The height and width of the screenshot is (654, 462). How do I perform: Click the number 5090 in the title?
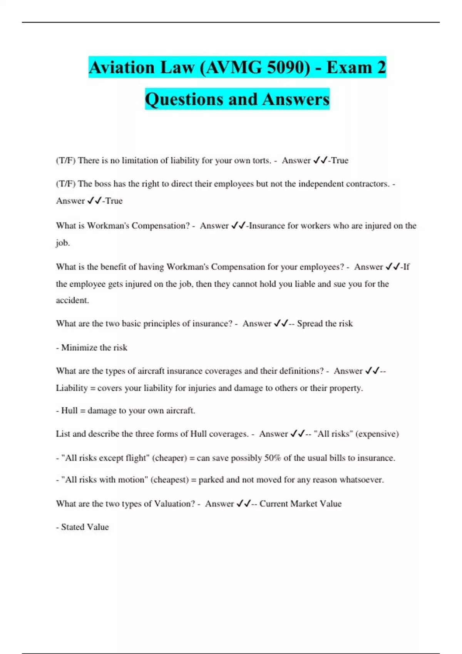(288, 68)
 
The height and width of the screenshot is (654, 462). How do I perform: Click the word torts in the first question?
(261, 160)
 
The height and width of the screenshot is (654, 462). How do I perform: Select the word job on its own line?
(62, 243)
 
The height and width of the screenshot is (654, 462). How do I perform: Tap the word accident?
(72, 300)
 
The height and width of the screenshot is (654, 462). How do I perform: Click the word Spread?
(310, 324)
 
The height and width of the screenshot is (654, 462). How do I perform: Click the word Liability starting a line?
(72, 388)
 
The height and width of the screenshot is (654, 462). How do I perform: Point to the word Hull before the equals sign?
(69, 411)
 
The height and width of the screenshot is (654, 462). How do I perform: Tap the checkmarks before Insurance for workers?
(238, 226)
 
